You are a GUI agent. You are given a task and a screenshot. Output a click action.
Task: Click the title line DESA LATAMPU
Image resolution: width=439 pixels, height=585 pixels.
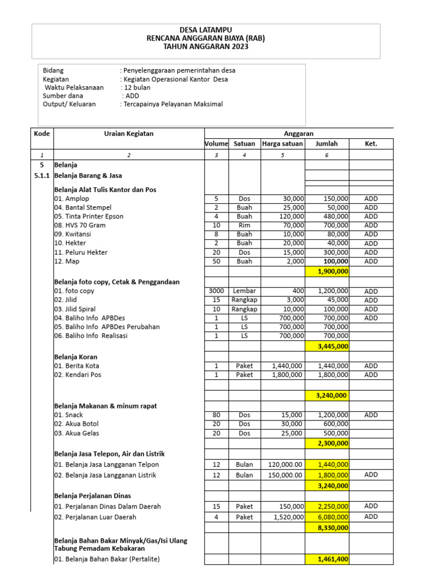[x=206, y=30]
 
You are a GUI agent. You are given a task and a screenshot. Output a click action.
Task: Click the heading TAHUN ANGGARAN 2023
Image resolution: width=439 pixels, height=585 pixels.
[x=206, y=47]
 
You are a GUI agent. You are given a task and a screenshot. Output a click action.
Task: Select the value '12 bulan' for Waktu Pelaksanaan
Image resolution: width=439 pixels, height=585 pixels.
[x=137, y=87]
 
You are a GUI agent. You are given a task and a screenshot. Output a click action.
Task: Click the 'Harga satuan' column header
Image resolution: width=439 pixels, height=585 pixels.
[x=282, y=143]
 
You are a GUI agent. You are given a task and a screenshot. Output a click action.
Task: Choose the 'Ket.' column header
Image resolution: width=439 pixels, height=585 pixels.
[x=371, y=143]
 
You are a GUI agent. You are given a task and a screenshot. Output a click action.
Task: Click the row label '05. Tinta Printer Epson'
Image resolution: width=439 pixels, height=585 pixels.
[x=89, y=217]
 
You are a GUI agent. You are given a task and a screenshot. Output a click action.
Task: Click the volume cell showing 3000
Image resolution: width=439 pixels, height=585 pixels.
[x=217, y=291]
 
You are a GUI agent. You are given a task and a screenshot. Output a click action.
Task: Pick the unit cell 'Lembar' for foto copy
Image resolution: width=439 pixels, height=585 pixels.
[x=245, y=291]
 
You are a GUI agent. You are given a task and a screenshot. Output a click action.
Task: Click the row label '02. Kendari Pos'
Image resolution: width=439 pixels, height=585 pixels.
[x=78, y=375]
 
